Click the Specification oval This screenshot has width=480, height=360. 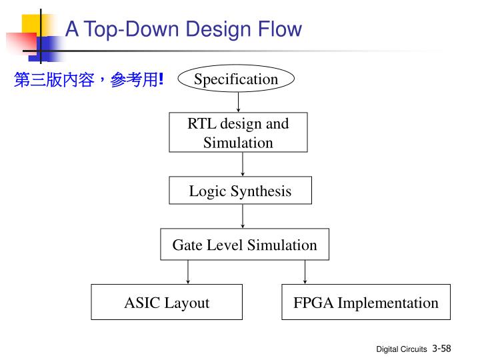(236, 79)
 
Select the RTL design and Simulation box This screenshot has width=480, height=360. (238, 133)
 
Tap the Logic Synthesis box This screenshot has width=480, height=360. (240, 191)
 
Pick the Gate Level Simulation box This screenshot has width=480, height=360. (245, 245)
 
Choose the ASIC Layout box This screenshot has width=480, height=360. (167, 303)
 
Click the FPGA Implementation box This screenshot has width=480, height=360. (366, 303)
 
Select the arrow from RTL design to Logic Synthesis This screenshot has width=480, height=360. (243, 164)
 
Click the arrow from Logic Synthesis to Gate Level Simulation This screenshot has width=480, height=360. (243, 216)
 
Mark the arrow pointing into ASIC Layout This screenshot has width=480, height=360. (188, 272)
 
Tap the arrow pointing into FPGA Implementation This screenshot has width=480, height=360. (305, 272)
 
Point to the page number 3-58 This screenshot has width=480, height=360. (441, 348)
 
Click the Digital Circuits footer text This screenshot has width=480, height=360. (401, 349)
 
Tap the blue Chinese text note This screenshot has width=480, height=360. (89, 81)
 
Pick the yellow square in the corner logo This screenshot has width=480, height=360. (35, 25)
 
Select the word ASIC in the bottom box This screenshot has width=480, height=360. (142, 303)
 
